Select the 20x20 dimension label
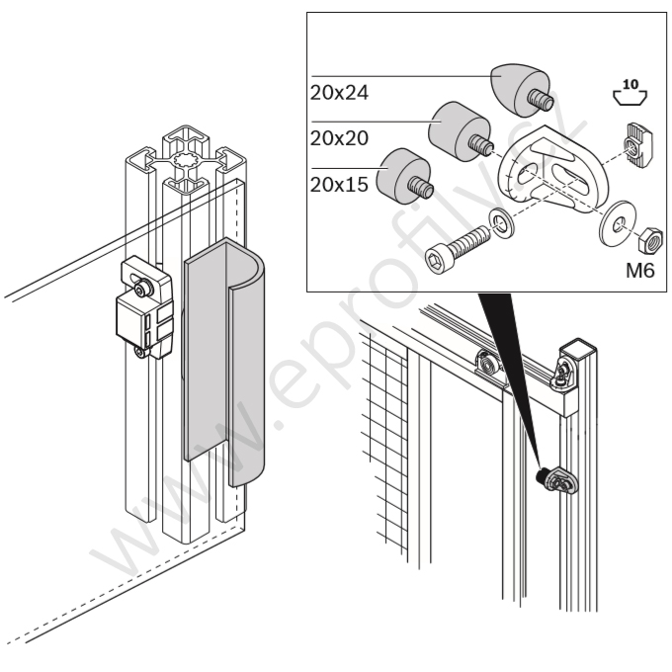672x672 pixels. pyautogui.click(x=340, y=138)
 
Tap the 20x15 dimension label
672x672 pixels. pyautogui.click(x=340, y=184)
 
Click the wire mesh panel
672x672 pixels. pyautogui.click(x=383, y=445)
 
